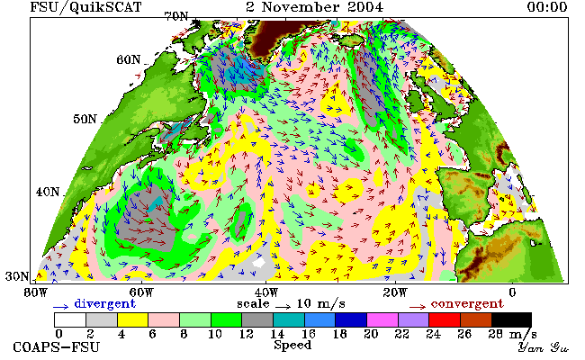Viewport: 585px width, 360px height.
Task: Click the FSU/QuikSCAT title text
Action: (85, 7)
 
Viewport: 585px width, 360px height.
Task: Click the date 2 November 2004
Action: (314, 7)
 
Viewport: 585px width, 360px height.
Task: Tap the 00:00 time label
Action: (547, 7)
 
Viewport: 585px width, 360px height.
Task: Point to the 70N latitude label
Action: (176, 16)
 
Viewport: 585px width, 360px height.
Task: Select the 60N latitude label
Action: (129, 59)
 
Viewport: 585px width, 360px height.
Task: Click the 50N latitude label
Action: (85, 120)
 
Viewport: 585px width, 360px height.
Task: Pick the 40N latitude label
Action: (48, 192)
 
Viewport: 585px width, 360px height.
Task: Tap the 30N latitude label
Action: (17, 276)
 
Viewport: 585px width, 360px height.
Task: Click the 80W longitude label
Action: (36, 292)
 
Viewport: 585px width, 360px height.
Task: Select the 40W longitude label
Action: (266, 292)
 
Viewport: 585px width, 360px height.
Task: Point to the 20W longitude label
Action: (395, 292)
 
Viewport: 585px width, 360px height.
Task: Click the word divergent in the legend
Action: (104, 303)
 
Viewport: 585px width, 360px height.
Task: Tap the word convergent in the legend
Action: (467, 303)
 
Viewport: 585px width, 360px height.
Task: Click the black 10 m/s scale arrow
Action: (283, 307)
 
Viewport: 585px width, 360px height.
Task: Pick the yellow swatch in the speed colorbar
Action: (133, 320)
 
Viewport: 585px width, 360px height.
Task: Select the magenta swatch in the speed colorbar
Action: (382, 320)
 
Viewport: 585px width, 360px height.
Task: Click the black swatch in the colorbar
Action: (511, 320)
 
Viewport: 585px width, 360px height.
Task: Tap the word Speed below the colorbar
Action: (292, 345)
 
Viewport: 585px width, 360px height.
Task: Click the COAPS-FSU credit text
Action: (57, 347)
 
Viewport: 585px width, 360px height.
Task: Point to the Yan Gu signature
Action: (544, 347)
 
